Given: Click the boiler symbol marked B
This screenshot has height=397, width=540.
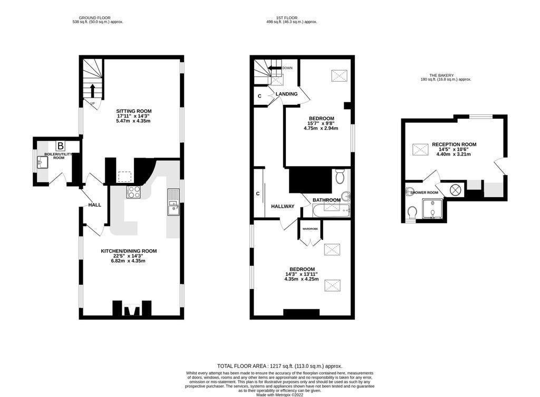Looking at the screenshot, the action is coord(60,146).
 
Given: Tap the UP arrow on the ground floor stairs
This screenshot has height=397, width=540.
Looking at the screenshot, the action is coord(92,91).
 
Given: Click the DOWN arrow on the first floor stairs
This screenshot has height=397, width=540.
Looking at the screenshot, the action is coord(275,68).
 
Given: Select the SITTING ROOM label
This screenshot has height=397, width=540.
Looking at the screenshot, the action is coord(134,111).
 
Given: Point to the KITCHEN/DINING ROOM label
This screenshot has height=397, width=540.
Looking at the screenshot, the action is coord(129,251).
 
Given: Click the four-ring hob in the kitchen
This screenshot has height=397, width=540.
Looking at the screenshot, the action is coord(133,192).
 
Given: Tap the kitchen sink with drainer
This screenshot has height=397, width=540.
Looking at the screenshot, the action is coord(173,202).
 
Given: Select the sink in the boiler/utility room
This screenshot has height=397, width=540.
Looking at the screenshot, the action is coord(42,161).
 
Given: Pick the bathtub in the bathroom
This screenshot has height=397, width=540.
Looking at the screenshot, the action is coord(331,210).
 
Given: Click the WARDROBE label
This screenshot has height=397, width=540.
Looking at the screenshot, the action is coord(310,229).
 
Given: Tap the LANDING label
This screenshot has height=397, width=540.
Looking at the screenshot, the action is coord(286,94).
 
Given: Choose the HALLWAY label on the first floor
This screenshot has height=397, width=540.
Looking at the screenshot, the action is coord(283,206).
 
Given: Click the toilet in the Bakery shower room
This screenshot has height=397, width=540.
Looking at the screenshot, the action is coord(411,213).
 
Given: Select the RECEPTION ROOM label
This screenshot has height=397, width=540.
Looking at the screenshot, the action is coord(454,144).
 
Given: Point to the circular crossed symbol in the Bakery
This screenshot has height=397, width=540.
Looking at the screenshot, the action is coord(455,190).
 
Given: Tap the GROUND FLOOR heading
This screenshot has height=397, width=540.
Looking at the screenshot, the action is coord(95,17).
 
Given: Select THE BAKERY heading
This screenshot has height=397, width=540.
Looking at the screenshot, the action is coord(441,75).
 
